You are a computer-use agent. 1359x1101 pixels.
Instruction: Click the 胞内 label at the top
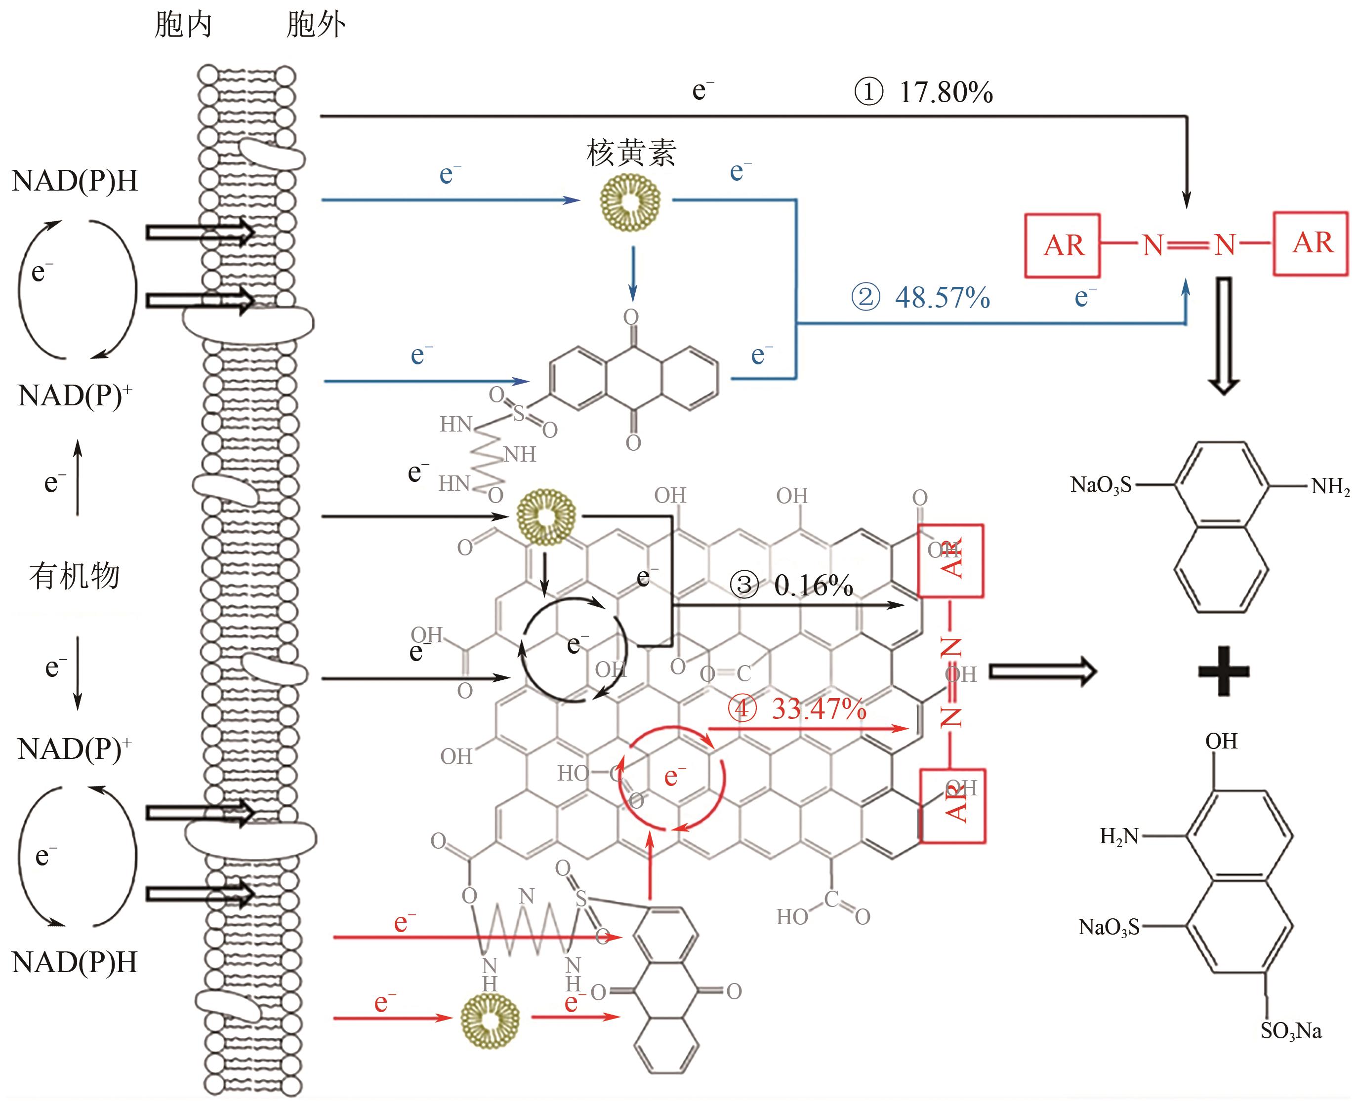[183, 25]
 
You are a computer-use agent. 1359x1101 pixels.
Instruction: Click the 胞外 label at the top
[315, 25]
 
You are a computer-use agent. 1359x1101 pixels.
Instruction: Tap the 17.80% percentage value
[946, 93]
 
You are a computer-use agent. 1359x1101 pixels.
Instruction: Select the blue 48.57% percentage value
[942, 297]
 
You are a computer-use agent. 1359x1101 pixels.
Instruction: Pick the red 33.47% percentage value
[819, 709]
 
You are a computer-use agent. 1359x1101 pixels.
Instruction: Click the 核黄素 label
[631, 153]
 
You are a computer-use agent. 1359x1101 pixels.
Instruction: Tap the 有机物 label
[74, 576]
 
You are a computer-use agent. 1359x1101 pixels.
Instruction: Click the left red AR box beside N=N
[1063, 245]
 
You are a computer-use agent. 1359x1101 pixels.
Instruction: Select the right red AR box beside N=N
[1311, 243]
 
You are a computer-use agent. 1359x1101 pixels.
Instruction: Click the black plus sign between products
[1223, 671]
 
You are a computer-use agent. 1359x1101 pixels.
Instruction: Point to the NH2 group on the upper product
[1330, 486]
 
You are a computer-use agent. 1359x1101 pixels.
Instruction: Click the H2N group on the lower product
[1119, 836]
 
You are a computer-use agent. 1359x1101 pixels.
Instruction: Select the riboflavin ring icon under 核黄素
[630, 202]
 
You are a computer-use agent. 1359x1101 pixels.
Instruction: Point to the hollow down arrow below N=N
[1223, 336]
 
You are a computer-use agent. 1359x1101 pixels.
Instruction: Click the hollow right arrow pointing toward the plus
[1042, 671]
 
